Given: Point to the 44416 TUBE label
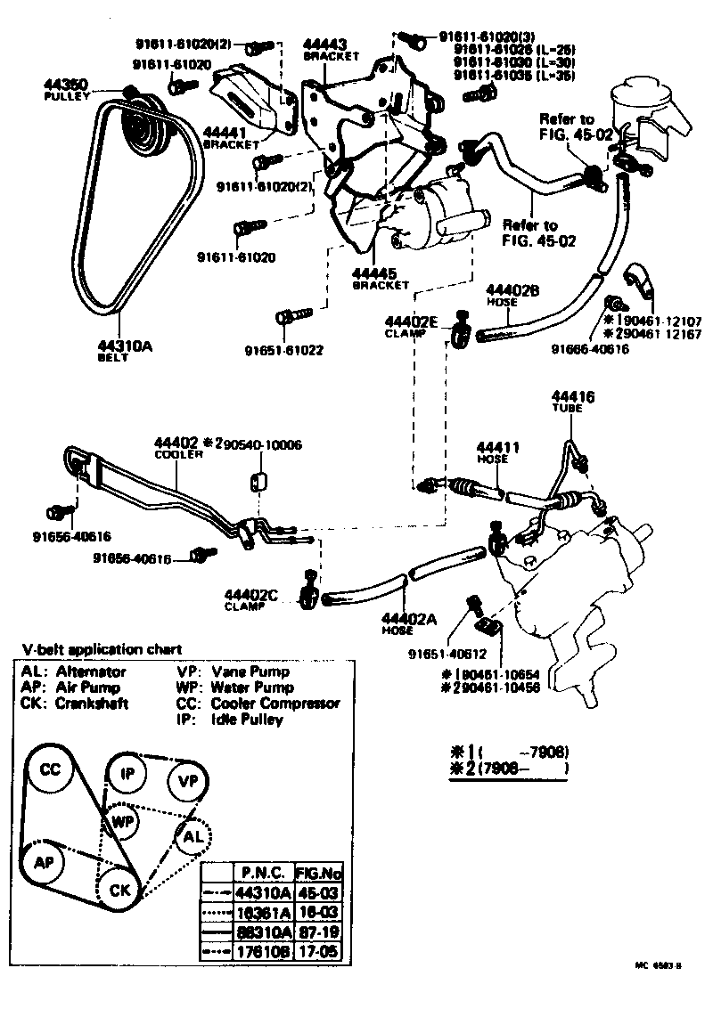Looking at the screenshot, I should pos(572,396).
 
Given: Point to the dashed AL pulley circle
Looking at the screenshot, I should pos(193,837).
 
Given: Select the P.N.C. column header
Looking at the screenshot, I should pos(263,872).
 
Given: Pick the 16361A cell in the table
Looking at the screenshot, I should pos(263,911).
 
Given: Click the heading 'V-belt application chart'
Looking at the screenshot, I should pos(102,649).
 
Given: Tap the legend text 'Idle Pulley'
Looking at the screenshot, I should pos(246,719).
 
